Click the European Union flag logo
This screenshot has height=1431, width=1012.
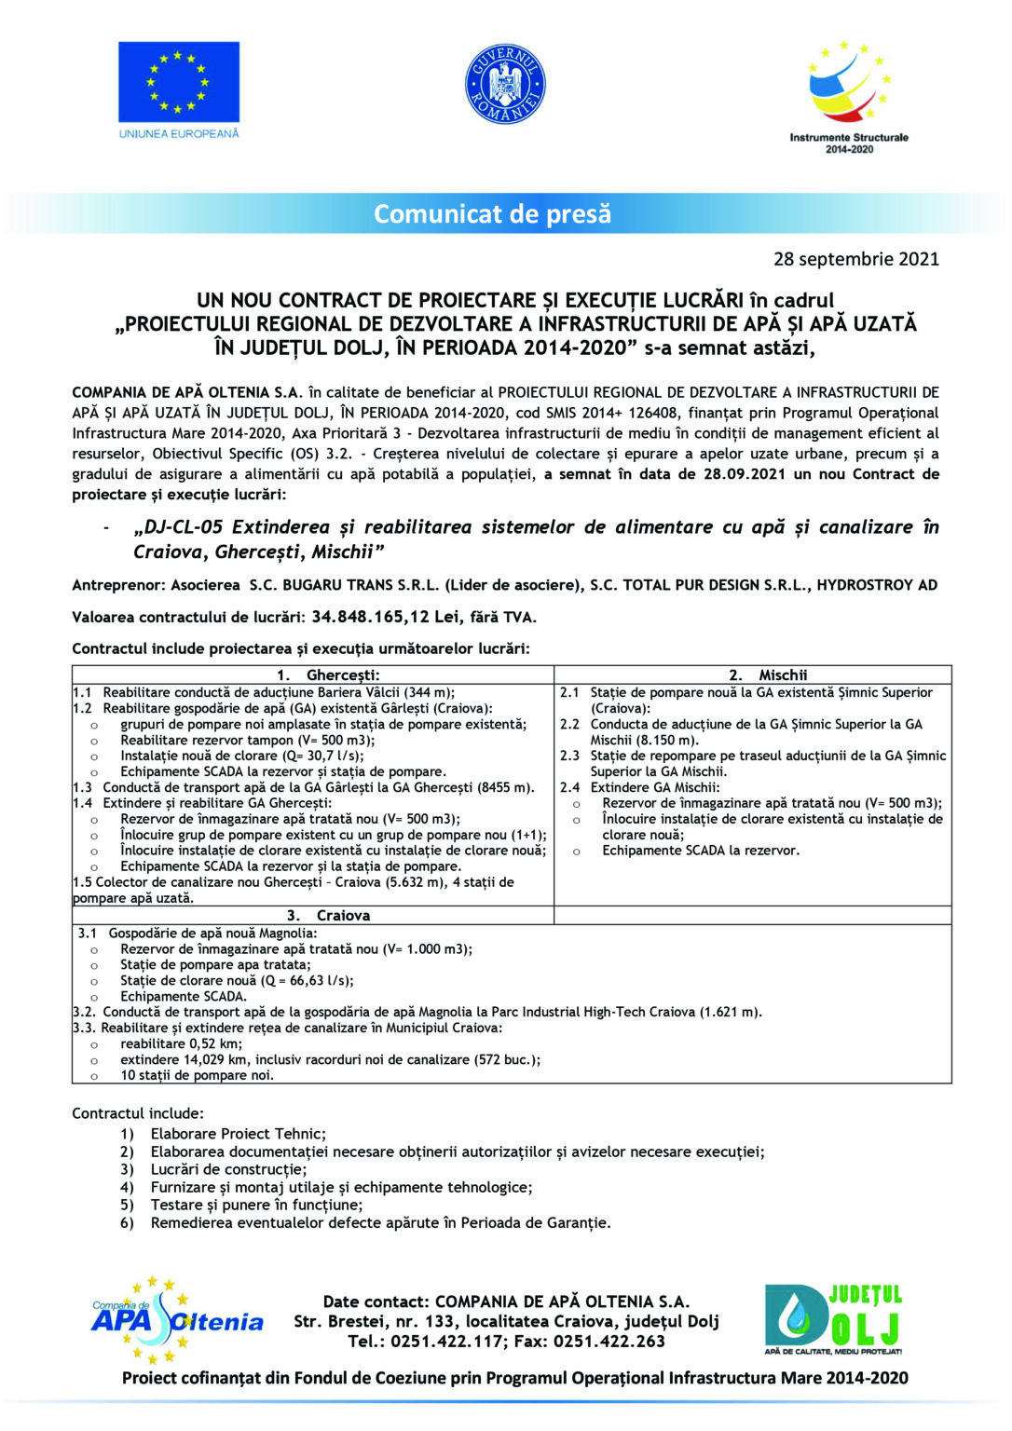coord(178,83)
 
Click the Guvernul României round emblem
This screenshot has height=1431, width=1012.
coord(505,85)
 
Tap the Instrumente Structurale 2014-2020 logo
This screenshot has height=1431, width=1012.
coord(849,97)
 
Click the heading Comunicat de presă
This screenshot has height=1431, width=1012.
coord(492,213)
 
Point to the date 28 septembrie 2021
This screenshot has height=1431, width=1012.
coord(855,259)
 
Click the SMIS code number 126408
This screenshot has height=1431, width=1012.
coord(720,413)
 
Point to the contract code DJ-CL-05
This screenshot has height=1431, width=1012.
coord(184,527)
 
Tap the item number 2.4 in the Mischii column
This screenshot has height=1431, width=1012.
coord(569,787)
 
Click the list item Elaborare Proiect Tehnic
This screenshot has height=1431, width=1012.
coord(238,1134)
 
